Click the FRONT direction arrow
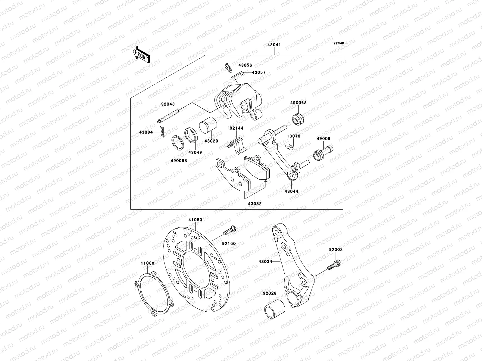[142, 55]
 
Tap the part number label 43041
[274, 45]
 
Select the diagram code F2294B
[338, 43]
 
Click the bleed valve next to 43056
[228, 68]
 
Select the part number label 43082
[255, 204]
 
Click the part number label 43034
[265, 262]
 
